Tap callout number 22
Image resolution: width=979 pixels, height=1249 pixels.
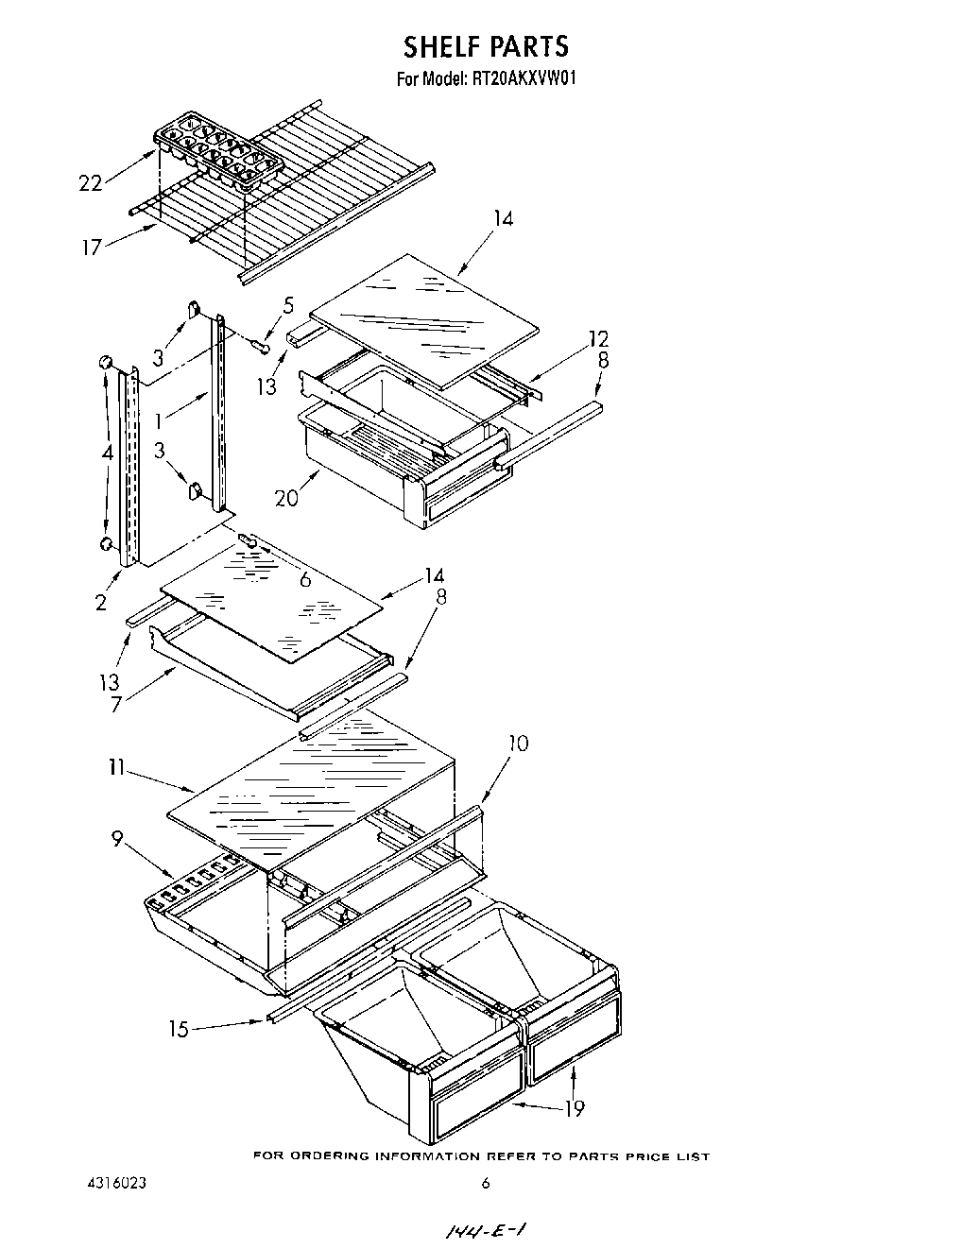(91, 183)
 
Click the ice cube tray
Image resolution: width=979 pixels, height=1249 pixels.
(218, 152)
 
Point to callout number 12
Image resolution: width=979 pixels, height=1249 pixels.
(598, 338)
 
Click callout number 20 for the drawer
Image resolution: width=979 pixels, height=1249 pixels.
(287, 497)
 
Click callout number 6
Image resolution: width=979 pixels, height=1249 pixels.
(305, 579)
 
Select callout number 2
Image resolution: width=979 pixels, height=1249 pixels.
(101, 602)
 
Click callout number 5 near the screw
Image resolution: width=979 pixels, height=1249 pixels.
(288, 305)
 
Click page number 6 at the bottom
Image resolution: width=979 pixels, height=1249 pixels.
(485, 1184)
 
